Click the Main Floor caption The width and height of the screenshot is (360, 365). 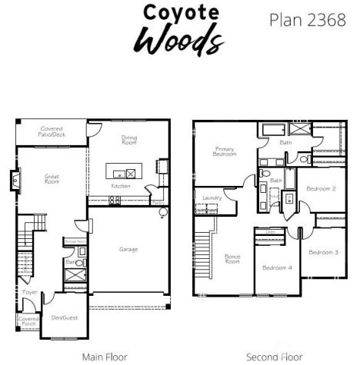(105, 357)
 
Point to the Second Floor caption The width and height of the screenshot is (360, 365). (274, 357)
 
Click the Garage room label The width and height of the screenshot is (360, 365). (128, 249)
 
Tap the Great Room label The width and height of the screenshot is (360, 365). (52, 179)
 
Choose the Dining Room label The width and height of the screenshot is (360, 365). (128, 140)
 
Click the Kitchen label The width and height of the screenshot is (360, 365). (121, 186)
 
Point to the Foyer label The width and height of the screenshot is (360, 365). (30, 292)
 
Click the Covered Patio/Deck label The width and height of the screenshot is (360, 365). (52, 131)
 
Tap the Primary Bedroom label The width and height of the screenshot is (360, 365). (225, 152)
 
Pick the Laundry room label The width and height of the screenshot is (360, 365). (212, 197)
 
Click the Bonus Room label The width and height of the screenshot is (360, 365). (232, 259)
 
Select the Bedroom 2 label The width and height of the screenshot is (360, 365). (320, 188)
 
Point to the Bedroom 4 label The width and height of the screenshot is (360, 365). (276, 267)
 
